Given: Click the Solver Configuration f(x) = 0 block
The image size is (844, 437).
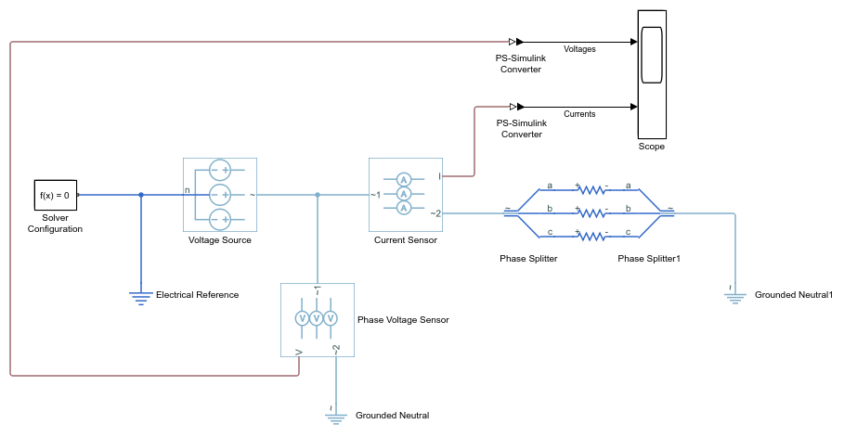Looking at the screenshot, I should coord(55,195).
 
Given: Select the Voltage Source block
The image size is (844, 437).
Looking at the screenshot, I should coord(220,195).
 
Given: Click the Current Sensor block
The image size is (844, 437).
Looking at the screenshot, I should coord(404,194).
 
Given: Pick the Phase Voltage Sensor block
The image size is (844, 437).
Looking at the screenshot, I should coord(317,319).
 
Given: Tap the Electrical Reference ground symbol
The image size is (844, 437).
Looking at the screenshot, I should coord(141,296).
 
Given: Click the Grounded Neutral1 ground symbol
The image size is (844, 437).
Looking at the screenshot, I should coord(734,297).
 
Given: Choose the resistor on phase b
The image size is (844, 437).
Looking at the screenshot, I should coord(591,212).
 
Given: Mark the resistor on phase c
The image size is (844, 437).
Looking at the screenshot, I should coord(591,236).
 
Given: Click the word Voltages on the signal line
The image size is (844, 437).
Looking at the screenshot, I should coord(579,48).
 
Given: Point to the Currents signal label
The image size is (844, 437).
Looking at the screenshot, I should coord(579,114).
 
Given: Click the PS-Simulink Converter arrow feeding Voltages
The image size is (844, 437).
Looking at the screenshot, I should coord(515,42).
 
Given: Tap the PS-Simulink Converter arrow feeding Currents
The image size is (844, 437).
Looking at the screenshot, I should coord(515,107).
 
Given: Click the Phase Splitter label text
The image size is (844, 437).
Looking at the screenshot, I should coord(528,259).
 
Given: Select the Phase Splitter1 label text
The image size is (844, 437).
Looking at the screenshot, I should coord(649,259).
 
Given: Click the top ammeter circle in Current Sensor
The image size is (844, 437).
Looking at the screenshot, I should coord(404,179).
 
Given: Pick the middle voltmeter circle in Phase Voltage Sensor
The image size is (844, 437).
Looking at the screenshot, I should coord(317,318).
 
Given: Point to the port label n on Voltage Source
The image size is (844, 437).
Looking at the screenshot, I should coord(188,190).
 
